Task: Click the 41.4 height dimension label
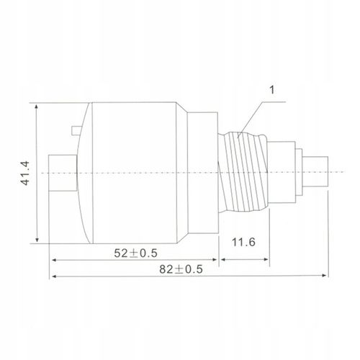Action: tap(25, 173)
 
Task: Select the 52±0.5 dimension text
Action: tap(135, 253)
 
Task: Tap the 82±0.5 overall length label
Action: tap(181, 269)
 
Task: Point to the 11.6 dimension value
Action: tap(243, 242)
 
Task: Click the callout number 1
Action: tap(272, 90)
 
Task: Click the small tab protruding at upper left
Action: tap(76, 130)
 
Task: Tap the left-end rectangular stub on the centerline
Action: tap(63, 173)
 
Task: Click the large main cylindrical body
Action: tap(135, 173)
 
